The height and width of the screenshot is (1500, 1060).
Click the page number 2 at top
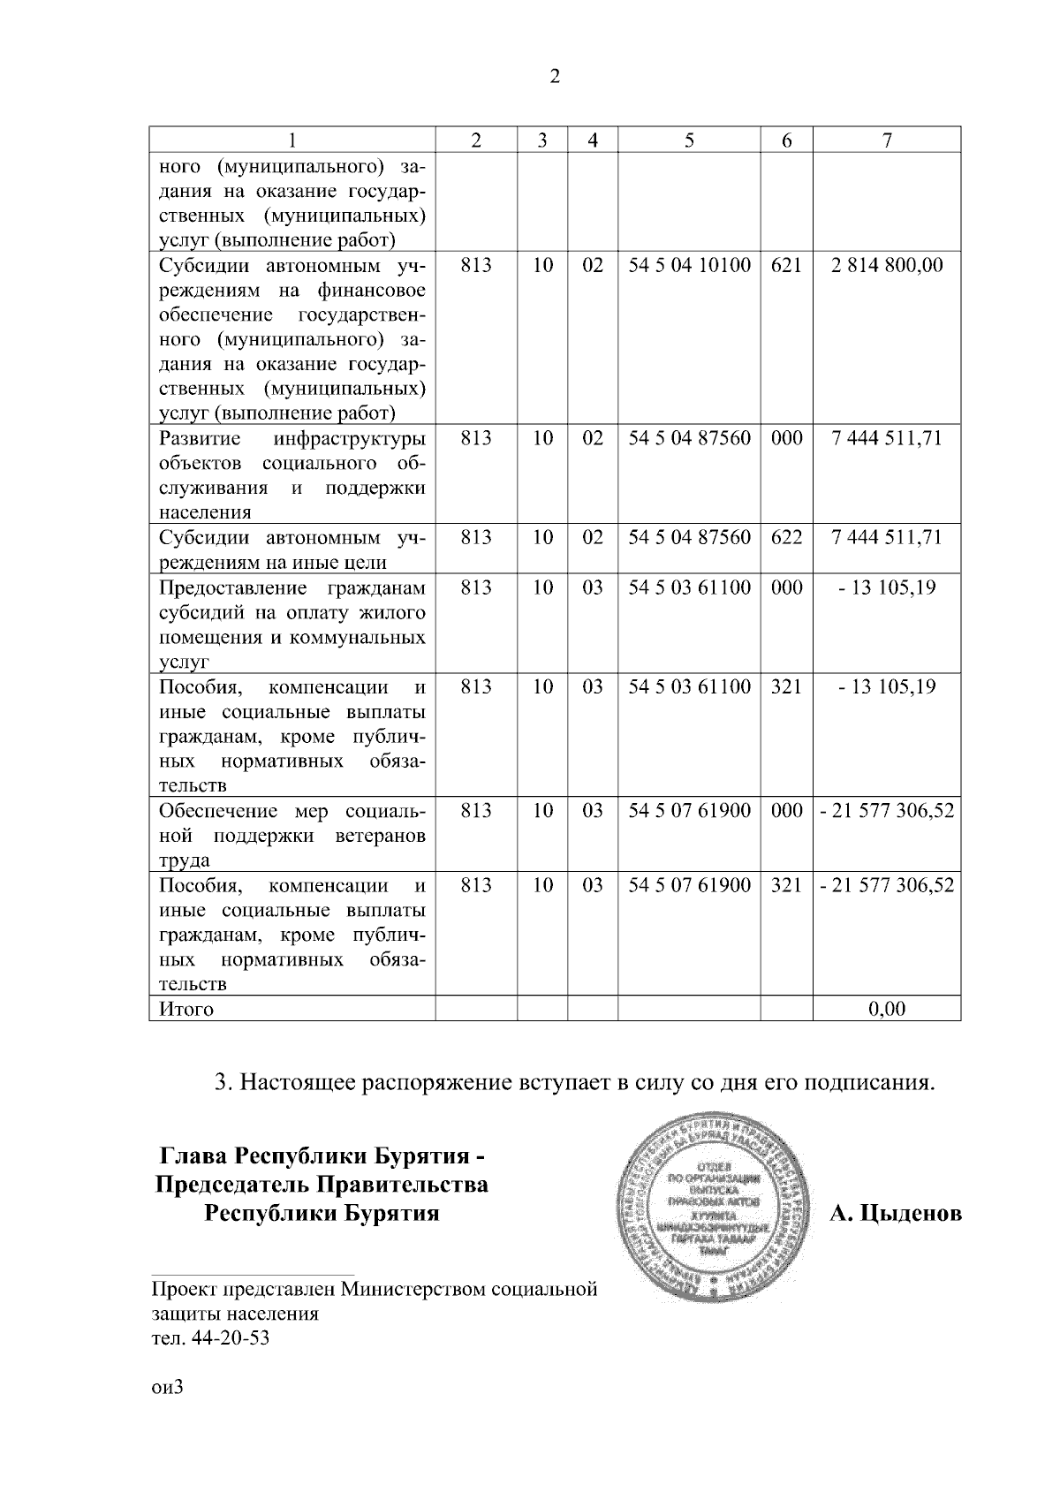(554, 77)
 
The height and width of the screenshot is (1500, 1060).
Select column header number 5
(689, 140)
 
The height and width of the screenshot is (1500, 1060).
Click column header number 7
(887, 140)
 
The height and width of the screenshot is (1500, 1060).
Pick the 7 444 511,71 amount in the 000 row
(887, 439)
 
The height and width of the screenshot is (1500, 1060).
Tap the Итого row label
(186, 1009)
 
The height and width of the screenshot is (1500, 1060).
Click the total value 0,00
(887, 1009)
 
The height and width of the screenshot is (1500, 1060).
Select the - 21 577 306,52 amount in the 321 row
(887, 885)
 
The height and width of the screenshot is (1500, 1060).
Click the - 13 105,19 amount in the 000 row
(887, 588)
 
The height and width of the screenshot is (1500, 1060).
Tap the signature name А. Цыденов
(896, 1214)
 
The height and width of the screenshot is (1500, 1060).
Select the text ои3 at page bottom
(167, 1387)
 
